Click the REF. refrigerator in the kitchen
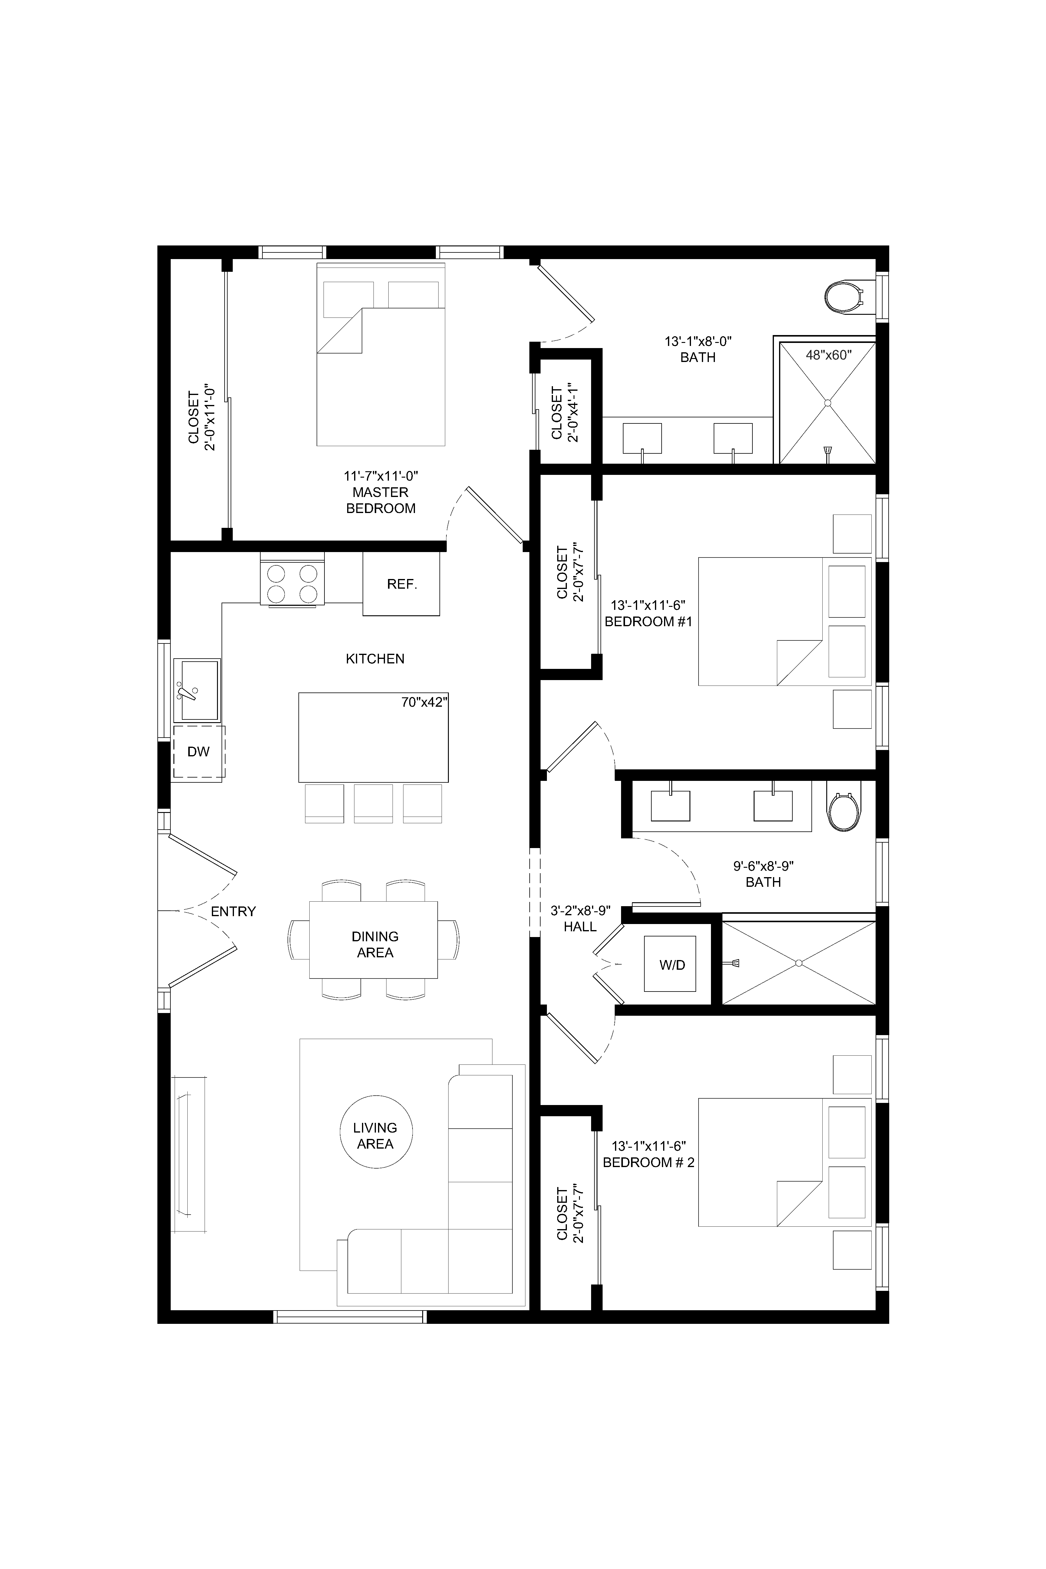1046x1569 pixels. [401, 584]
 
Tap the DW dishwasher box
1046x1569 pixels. [199, 752]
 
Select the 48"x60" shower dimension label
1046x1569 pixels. [828, 355]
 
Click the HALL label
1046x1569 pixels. [580, 926]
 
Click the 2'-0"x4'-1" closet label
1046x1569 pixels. [564, 412]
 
